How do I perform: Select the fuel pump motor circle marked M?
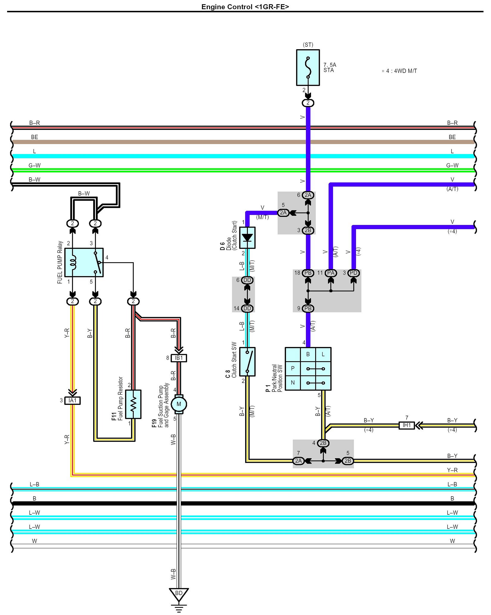pos(179,404)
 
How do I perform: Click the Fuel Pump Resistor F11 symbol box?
pos(133,404)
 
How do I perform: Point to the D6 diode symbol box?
pos(247,238)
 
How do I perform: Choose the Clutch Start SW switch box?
pos(247,362)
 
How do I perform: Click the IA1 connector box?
pos(73,400)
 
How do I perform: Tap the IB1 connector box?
pos(179,358)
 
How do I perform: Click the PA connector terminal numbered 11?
pos(331,273)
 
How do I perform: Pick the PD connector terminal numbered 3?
pos(353,273)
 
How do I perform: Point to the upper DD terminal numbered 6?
pos(247,280)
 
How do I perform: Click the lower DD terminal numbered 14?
pos(247,308)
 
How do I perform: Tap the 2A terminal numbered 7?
pos(298,461)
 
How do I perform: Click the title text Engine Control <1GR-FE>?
pos(245,7)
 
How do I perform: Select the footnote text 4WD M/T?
pos(405,71)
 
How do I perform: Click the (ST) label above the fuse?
pos(308,45)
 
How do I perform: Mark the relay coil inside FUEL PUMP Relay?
pos(73,262)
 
